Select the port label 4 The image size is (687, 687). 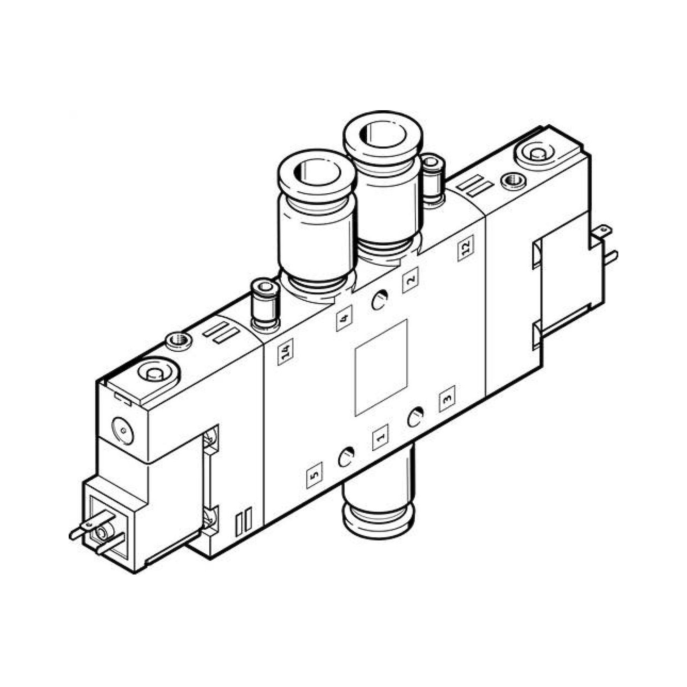344,318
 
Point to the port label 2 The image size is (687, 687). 410,280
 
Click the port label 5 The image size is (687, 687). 315,475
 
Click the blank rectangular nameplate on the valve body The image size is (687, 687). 381,368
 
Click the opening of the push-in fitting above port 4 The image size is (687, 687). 316,172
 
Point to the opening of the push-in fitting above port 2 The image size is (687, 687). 382,133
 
